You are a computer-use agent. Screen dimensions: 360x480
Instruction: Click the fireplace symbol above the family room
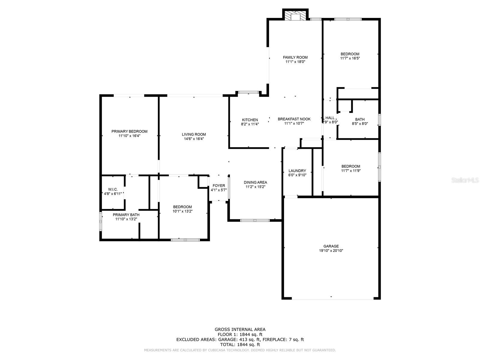tap(295, 16)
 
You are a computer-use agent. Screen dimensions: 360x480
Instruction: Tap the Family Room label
tap(295, 57)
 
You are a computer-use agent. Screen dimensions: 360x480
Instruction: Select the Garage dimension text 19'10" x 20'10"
tap(331, 250)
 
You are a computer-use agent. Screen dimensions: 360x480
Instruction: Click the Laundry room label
tap(297, 171)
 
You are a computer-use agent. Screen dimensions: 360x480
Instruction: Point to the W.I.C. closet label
tap(113, 189)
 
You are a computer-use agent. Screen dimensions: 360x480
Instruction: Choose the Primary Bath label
tap(126, 215)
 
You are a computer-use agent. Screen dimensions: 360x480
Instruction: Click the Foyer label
tap(219, 186)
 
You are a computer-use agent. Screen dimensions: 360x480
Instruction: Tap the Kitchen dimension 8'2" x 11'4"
tap(250, 124)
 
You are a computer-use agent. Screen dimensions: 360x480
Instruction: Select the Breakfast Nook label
tap(294, 119)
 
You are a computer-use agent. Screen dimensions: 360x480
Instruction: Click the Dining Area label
tap(255, 182)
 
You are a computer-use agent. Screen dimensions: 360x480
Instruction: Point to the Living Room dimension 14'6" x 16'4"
tap(194, 139)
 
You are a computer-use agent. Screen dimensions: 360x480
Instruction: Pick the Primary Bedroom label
tap(129, 131)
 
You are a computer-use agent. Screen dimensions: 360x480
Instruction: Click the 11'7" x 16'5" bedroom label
tap(350, 54)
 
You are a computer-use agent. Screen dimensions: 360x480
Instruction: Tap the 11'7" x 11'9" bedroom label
tap(351, 166)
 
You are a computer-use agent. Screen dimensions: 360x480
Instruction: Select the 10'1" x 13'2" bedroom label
tap(182, 207)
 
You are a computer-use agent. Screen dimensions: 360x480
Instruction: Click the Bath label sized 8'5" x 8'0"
tap(360, 119)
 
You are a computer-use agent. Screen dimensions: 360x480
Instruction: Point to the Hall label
tap(330, 118)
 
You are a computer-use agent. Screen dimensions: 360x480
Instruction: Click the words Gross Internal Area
tap(240, 329)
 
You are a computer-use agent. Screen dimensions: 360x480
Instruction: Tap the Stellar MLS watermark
tap(465, 180)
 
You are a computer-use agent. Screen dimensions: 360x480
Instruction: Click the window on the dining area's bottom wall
tap(255, 220)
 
